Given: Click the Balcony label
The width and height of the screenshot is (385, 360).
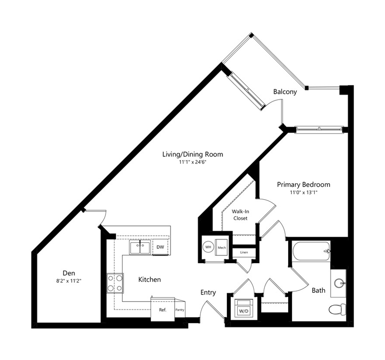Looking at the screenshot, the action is point(285,92).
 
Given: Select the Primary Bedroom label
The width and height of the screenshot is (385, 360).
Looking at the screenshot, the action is point(304,185).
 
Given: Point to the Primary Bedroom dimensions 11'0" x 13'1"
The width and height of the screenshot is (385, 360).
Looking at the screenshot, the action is point(304,193).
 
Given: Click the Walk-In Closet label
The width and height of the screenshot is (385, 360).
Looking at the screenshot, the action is point(240,215).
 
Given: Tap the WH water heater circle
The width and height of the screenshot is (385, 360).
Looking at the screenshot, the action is point(208,247).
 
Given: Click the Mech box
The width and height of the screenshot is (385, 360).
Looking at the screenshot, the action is point(221,247).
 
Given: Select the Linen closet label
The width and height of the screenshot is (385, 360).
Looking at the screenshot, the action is point(244,252).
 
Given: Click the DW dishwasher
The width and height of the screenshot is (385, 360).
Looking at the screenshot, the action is point(160,247).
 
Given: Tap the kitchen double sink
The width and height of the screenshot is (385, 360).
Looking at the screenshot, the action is point(140,247).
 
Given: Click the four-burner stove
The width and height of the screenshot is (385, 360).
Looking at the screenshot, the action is point(115,283).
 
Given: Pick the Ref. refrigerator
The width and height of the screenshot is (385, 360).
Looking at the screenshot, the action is point(163,310).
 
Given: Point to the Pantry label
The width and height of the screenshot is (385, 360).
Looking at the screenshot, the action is point(180,310).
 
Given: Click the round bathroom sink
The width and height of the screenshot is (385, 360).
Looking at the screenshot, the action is point(340,283).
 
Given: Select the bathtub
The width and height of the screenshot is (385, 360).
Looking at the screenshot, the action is point(311,251).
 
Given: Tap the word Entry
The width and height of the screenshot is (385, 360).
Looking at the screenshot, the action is point(208,292).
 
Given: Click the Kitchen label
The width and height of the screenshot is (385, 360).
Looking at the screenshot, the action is point(150,280).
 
